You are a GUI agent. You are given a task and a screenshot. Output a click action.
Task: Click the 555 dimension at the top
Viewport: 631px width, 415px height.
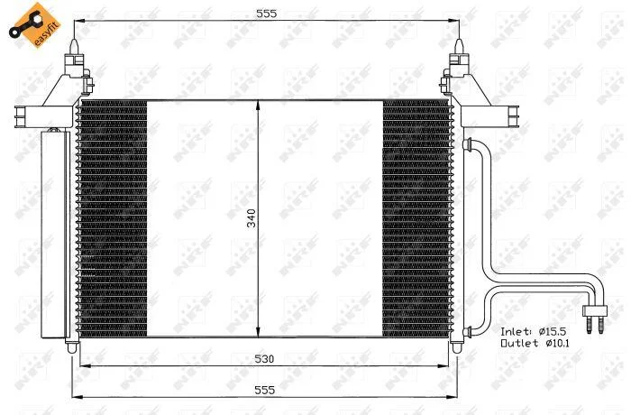tap(267, 14)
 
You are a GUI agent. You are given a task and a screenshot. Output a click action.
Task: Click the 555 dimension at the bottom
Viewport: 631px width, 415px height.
tap(264, 390)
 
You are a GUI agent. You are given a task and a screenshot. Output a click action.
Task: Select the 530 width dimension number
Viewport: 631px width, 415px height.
tap(264, 358)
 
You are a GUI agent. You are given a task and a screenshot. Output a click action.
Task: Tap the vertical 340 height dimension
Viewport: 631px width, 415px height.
tap(251, 218)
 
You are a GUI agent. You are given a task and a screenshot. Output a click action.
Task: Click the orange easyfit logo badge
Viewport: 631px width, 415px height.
tap(34, 25)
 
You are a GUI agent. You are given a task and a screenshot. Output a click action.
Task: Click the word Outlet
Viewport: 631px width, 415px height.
tap(520, 344)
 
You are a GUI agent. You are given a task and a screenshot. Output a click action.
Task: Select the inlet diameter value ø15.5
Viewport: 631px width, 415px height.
tap(552, 332)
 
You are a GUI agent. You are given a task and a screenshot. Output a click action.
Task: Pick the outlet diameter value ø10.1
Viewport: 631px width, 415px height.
tap(557, 344)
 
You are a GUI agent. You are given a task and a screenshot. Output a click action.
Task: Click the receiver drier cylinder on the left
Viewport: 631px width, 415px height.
tap(53, 233)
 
